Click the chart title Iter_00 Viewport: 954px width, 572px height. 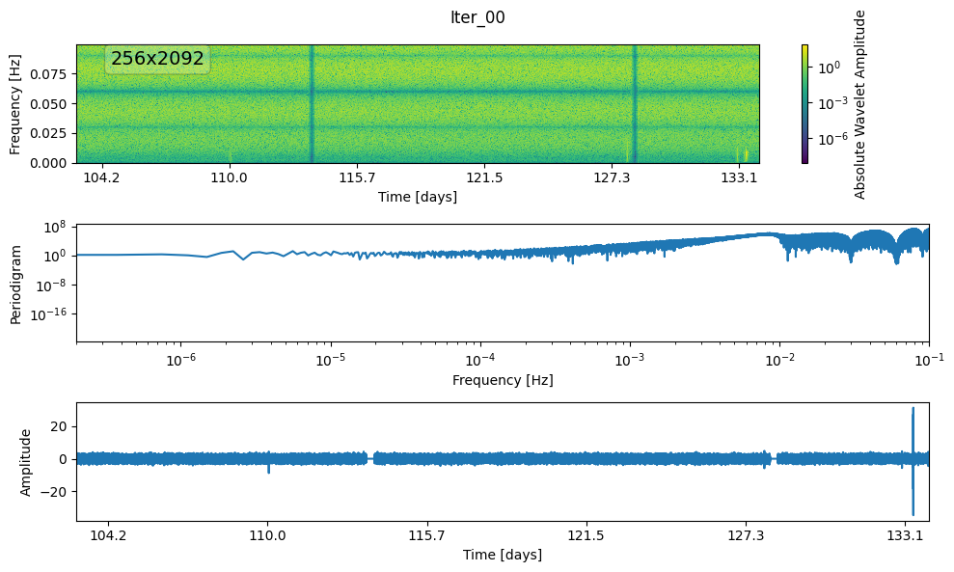[x=477, y=17]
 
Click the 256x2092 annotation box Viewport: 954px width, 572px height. [x=157, y=59]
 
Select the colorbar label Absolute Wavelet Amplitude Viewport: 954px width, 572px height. [x=859, y=104]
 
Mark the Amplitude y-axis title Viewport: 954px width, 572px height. [x=26, y=462]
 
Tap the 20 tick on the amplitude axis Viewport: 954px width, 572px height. [x=58, y=425]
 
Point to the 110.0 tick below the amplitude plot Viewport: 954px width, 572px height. [x=268, y=535]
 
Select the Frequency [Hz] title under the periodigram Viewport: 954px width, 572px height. [x=503, y=380]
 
